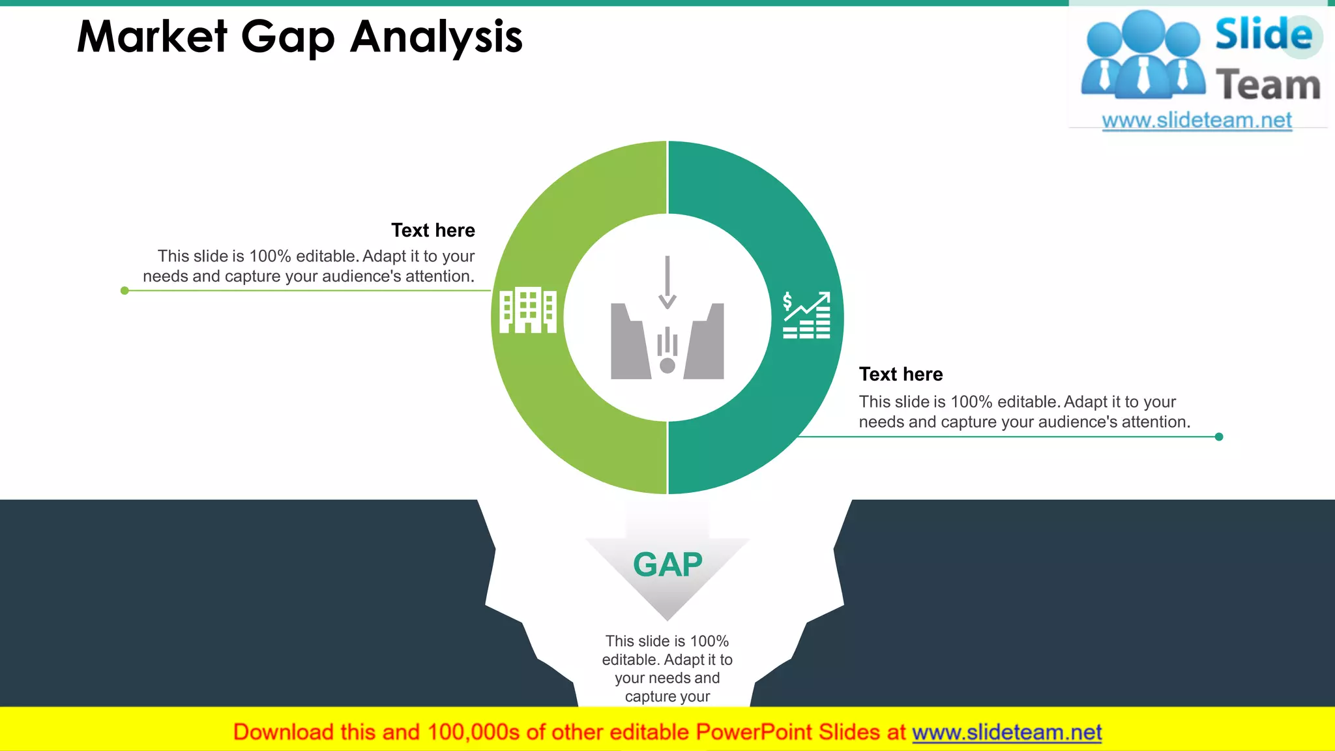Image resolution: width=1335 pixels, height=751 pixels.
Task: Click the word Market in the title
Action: (153, 37)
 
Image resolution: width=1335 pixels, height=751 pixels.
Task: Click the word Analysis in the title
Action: (436, 38)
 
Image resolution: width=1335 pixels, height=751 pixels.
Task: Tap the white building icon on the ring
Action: (527, 310)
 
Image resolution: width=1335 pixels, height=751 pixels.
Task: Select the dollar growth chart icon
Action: (806, 316)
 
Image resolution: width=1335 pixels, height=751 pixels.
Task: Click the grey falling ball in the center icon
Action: (667, 365)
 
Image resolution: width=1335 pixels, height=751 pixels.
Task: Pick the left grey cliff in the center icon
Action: (628, 343)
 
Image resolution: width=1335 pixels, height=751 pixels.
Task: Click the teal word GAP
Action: (667, 565)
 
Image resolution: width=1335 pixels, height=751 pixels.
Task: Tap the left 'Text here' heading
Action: (433, 230)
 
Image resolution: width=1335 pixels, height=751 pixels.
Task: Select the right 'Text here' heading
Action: (901, 374)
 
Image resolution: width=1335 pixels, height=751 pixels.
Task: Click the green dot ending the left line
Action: (125, 291)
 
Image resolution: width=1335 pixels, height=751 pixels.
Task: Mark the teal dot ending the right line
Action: (1219, 437)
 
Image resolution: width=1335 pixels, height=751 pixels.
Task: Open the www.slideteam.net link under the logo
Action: (1197, 121)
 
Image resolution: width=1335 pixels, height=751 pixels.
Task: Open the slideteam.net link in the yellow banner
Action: (1006, 733)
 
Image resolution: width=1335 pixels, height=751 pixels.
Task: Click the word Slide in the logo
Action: (1263, 34)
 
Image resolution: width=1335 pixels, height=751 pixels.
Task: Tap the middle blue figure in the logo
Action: (1144, 55)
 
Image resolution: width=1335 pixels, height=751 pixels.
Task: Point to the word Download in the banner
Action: (283, 733)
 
